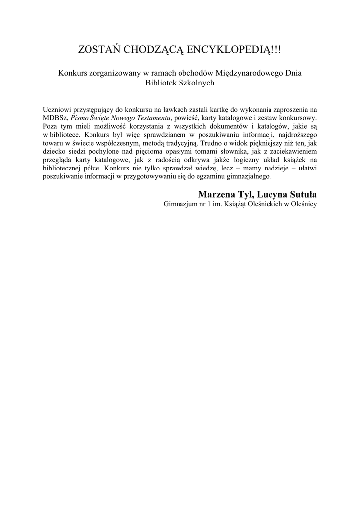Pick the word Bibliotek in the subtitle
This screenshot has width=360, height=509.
pyautogui.click(x=161, y=83)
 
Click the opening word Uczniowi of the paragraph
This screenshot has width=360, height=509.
pyautogui.click(x=57, y=109)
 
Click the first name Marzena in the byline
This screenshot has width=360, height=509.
pyautogui.click(x=216, y=194)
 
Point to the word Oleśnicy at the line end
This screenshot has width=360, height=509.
pyautogui.click(x=303, y=204)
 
